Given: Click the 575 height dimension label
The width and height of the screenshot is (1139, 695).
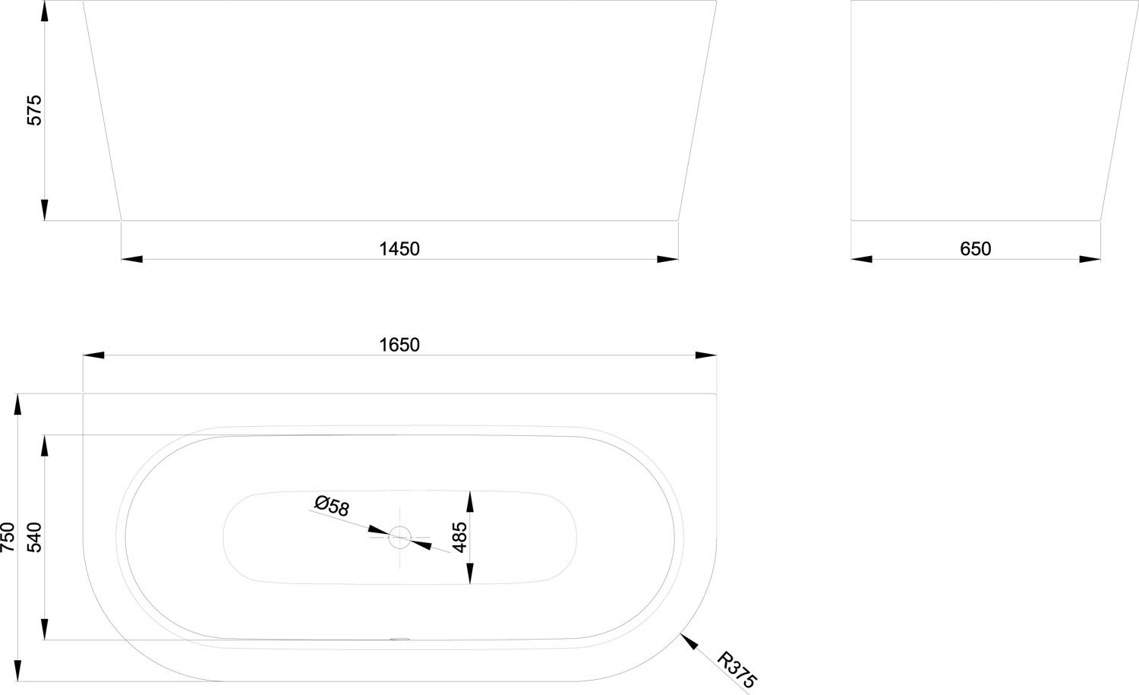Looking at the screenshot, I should [x=34, y=110].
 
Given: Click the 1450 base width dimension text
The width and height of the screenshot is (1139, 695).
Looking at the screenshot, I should [x=399, y=248].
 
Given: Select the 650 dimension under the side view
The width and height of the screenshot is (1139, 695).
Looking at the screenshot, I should [x=975, y=248].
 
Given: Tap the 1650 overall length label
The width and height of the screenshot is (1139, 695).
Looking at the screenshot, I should [x=399, y=344].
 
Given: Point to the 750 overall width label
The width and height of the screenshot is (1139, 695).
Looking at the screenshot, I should [x=8, y=536].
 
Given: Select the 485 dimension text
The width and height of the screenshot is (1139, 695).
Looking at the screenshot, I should [x=459, y=536].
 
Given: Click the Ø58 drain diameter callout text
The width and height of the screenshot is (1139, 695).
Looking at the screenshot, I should [x=332, y=505].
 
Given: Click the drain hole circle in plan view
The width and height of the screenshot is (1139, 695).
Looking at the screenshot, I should [x=400, y=538].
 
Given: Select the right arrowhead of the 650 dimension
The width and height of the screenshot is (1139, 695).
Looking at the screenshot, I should [x=1090, y=260].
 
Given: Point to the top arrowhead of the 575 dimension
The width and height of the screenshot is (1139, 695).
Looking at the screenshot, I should [x=45, y=11].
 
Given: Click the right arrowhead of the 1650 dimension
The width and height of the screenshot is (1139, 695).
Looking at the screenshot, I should [x=706, y=355].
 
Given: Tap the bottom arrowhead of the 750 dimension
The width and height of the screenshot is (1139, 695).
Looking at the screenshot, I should [x=17, y=671].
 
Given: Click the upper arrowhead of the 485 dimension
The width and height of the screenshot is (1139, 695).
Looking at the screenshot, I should [x=470, y=501].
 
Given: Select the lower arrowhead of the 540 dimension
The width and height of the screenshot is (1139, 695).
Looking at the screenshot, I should [x=45, y=630].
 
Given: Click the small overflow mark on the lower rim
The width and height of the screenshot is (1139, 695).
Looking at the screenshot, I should [x=399, y=639].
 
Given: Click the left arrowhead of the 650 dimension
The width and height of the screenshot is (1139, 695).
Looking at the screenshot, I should [x=862, y=260].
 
